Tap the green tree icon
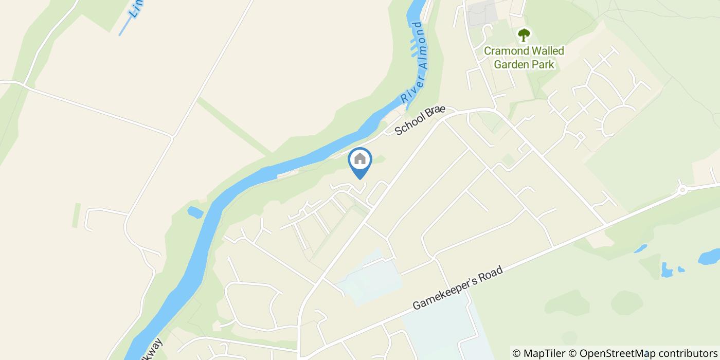524,35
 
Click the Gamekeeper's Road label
457,288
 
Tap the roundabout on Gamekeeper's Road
682,190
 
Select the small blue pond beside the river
195,211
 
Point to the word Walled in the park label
547,51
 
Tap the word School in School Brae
410,125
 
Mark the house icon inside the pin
360,159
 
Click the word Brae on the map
436,113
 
